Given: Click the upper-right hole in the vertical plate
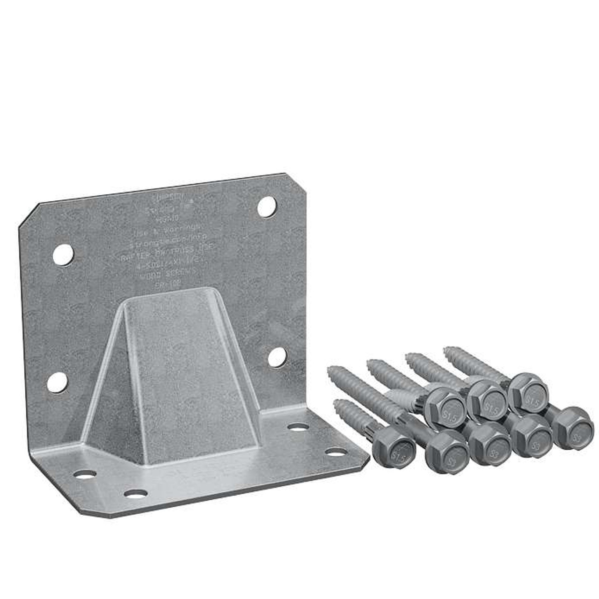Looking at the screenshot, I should coord(267,206).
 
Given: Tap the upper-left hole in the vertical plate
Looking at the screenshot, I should coord(63,254).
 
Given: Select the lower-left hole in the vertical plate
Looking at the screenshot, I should coord(57,382).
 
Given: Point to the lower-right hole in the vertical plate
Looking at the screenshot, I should coord(277,357).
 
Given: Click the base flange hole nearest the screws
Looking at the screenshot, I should coord(335,452).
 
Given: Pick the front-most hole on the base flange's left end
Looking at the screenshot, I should coord(136,493).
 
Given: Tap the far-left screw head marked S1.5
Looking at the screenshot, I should coord(394,453).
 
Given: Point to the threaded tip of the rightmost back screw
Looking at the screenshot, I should coord(449,350).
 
